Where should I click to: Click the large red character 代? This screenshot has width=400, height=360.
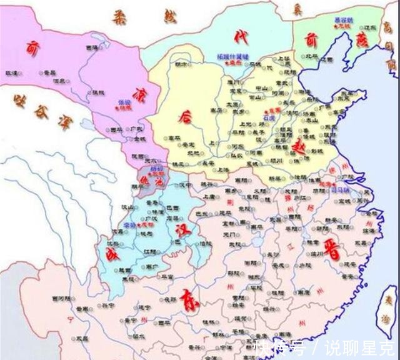click(x=237, y=37)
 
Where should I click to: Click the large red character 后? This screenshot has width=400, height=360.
click(x=184, y=116)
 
